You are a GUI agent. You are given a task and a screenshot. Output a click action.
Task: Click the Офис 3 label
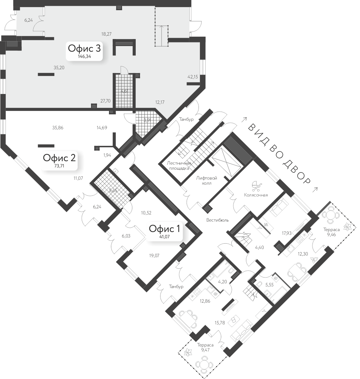click(84, 48)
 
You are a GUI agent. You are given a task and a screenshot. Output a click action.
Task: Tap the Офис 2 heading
click(59, 158)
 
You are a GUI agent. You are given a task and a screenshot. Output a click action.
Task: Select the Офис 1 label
click(165, 229)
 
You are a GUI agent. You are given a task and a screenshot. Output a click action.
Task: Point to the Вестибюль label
click(217, 220)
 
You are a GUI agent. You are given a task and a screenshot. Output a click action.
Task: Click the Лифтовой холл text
click(207, 181)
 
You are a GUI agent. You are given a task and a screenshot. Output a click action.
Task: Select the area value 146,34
click(84, 57)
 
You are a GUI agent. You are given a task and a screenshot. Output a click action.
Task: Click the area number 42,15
click(193, 77)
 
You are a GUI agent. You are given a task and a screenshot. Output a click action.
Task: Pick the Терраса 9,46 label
click(331, 232)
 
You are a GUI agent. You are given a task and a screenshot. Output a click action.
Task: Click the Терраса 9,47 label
click(205, 347)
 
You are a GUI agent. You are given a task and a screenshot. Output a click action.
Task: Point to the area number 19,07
click(154, 255)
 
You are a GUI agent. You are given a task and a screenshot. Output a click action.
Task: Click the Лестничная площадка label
click(179, 166)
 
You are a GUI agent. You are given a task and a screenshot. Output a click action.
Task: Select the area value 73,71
click(59, 166)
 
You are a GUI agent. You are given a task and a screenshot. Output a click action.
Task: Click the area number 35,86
click(58, 128)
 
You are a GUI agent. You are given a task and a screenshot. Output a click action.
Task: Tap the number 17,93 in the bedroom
click(286, 233)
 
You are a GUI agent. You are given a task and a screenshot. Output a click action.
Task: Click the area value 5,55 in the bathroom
click(269, 285)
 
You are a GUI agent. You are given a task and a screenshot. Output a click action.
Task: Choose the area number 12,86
click(205, 301)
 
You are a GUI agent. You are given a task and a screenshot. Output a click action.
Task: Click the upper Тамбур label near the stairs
click(186, 119)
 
